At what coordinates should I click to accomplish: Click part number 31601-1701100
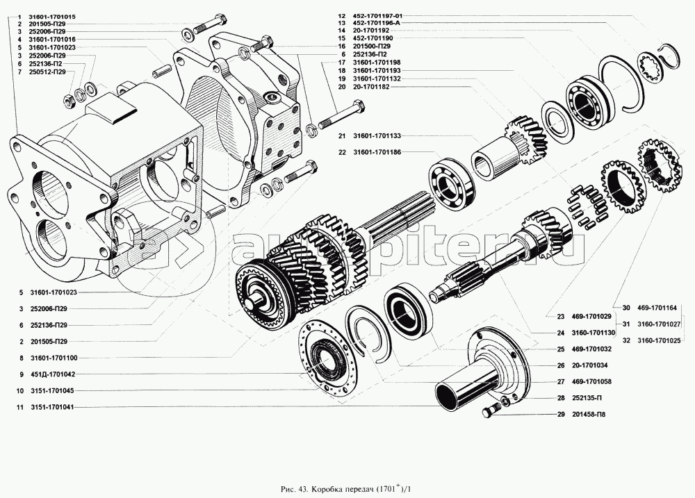[53, 357]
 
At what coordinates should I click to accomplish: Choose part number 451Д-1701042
[53, 374]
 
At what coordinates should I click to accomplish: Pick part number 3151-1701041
[53, 407]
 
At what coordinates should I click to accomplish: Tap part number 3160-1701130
[588, 332]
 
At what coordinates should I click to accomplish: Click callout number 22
[342, 151]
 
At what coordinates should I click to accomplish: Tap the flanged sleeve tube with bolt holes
[480, 375]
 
